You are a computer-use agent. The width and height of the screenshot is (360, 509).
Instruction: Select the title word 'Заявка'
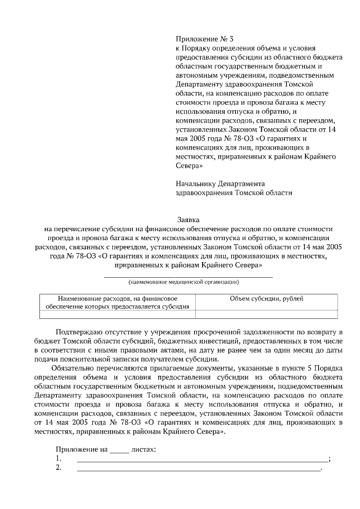pos(188,220)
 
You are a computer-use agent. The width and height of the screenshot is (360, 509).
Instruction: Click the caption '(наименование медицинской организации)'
pos(188,281)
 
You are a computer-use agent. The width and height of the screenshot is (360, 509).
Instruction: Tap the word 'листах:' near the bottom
pos(143,450)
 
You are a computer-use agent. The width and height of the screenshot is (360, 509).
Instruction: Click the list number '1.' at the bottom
pos(58,459)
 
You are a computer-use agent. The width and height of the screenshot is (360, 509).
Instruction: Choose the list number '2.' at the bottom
pos(58,468)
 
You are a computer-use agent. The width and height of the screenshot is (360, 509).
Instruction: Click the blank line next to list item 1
pos(202,461)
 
